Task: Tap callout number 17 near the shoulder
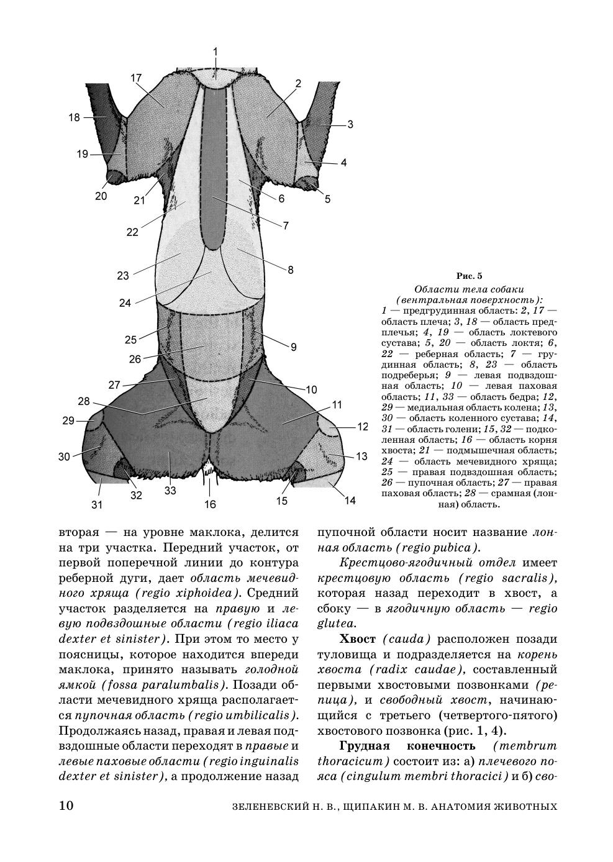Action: coord(137,78)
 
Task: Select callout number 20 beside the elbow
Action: coord(101,196)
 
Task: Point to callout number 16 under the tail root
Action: coord(211,504)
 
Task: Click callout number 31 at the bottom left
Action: coord(97,505)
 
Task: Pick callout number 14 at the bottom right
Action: coord(350,501)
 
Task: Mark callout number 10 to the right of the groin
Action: coord(311,389)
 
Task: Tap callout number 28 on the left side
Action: coord(84,401)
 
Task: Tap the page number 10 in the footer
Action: coord(66,806)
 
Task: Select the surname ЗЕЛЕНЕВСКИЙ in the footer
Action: coord(270,807)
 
